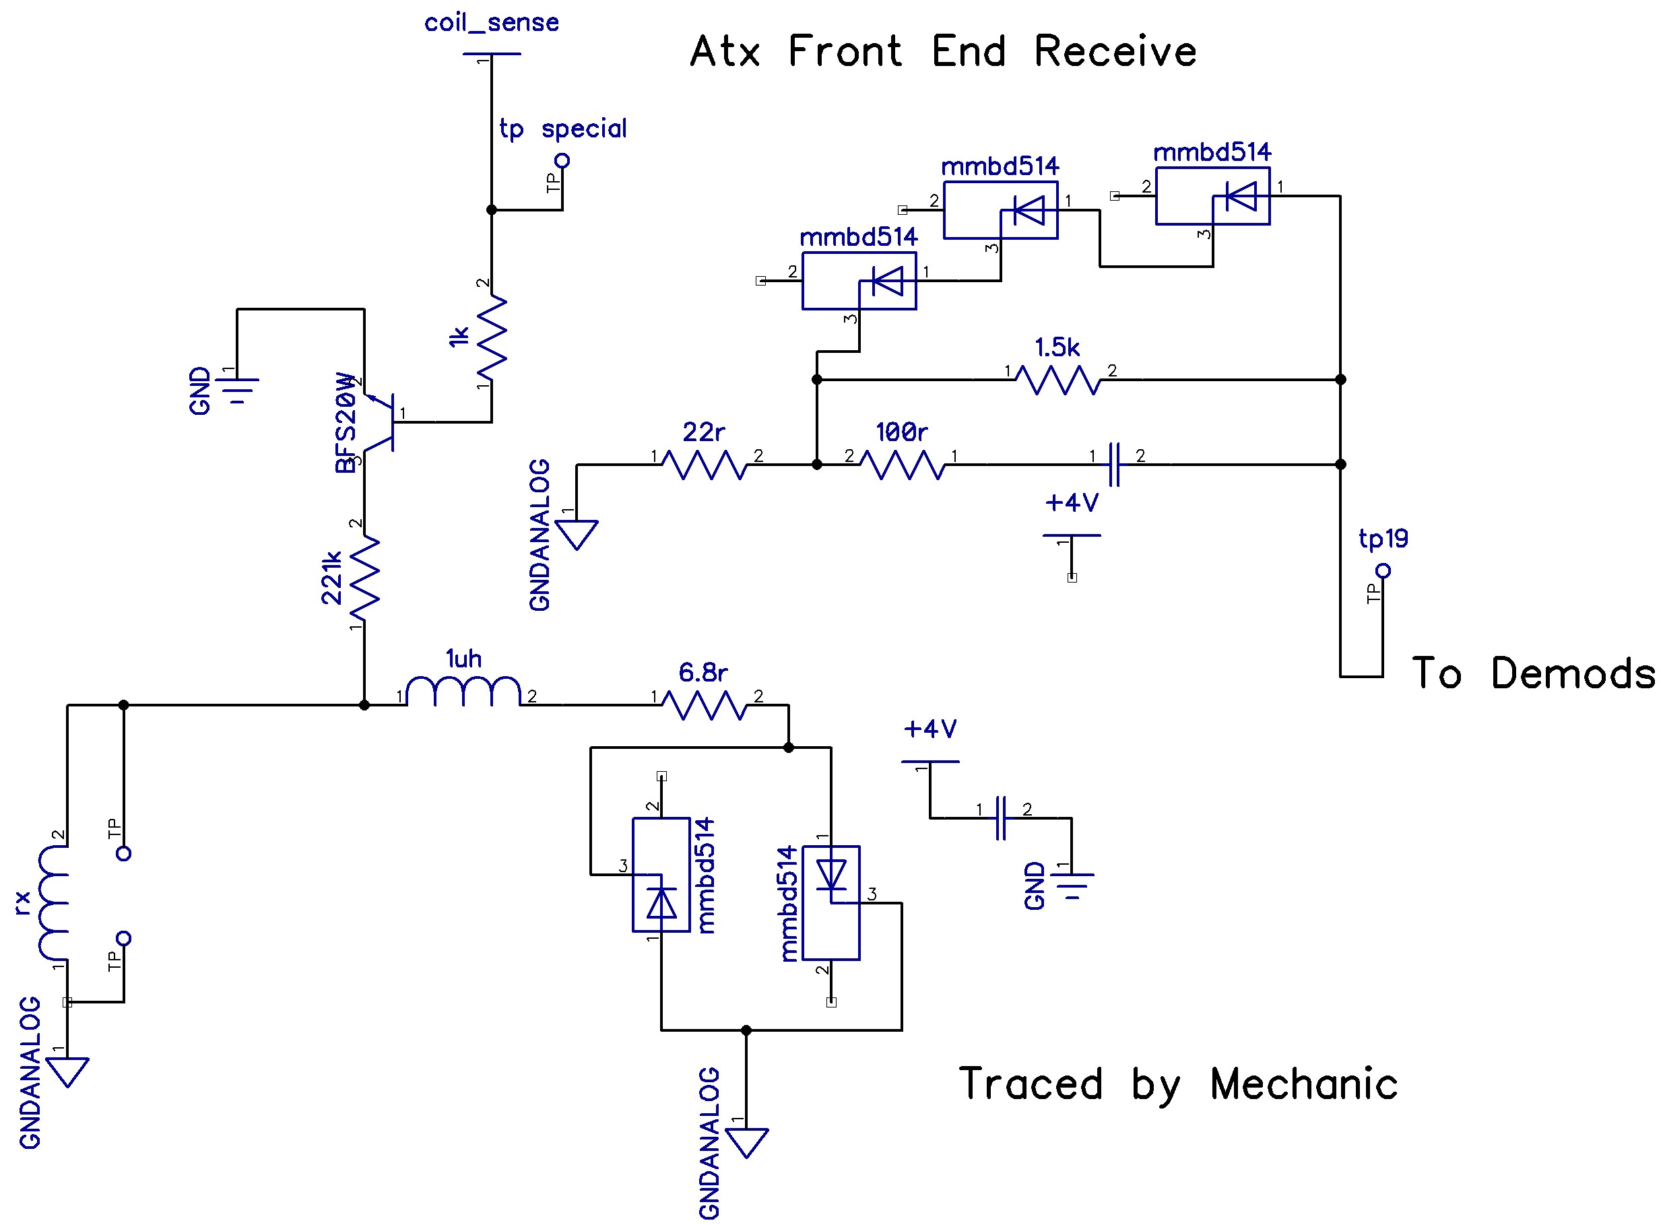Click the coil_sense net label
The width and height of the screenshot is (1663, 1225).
coord(491,23)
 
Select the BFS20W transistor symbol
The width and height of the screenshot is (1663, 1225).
coord(380,422)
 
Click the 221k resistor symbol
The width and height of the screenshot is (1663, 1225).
coord(364,578)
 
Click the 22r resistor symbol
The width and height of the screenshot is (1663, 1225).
coord(704,465)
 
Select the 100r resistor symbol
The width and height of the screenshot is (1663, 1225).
coord(902,465)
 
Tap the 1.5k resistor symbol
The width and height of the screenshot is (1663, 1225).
coord(1057,380)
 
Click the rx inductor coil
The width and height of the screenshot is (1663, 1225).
coord(53,902)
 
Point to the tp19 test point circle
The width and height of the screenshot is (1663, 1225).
coord(1383,570)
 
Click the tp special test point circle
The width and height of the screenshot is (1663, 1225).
coord(562,160)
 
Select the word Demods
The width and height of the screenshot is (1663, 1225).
coord(1573,673)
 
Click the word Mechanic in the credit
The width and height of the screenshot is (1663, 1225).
coord(1303,1084)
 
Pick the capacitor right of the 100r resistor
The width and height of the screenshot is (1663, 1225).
coord(1113,465)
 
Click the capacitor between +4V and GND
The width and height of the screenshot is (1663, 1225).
coord(1001,818)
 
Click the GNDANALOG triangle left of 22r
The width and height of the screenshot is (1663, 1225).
coord(576,534)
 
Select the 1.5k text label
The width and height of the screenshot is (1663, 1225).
coord(1057,347)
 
